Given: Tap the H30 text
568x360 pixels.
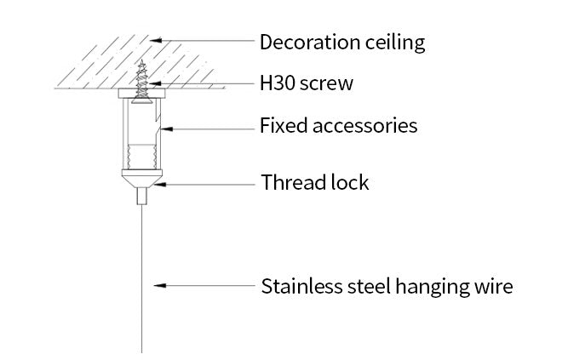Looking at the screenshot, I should coord(277,84).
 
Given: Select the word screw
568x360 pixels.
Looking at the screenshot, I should coord(325,84).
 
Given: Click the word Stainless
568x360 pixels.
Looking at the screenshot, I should coord(301,286).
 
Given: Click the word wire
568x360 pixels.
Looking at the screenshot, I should coord(493,286).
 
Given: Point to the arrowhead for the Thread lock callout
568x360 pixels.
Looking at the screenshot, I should coord(158,183).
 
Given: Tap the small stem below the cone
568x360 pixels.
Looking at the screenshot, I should coord(140,197).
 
